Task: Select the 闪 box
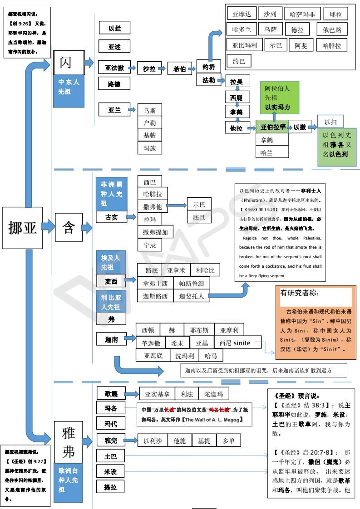click(66, 63)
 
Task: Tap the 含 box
click(69, 227)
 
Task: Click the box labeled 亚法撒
click(114, 68)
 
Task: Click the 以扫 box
click(330, 122)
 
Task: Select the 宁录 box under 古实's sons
click(149, 245)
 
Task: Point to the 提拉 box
click(111, 487)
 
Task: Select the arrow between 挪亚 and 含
click(49, 227)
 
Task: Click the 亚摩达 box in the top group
click(242, 15)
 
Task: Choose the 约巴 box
click(239, 61)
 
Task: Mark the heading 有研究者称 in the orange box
click(300, 293)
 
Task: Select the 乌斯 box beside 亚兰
click(149, 110)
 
